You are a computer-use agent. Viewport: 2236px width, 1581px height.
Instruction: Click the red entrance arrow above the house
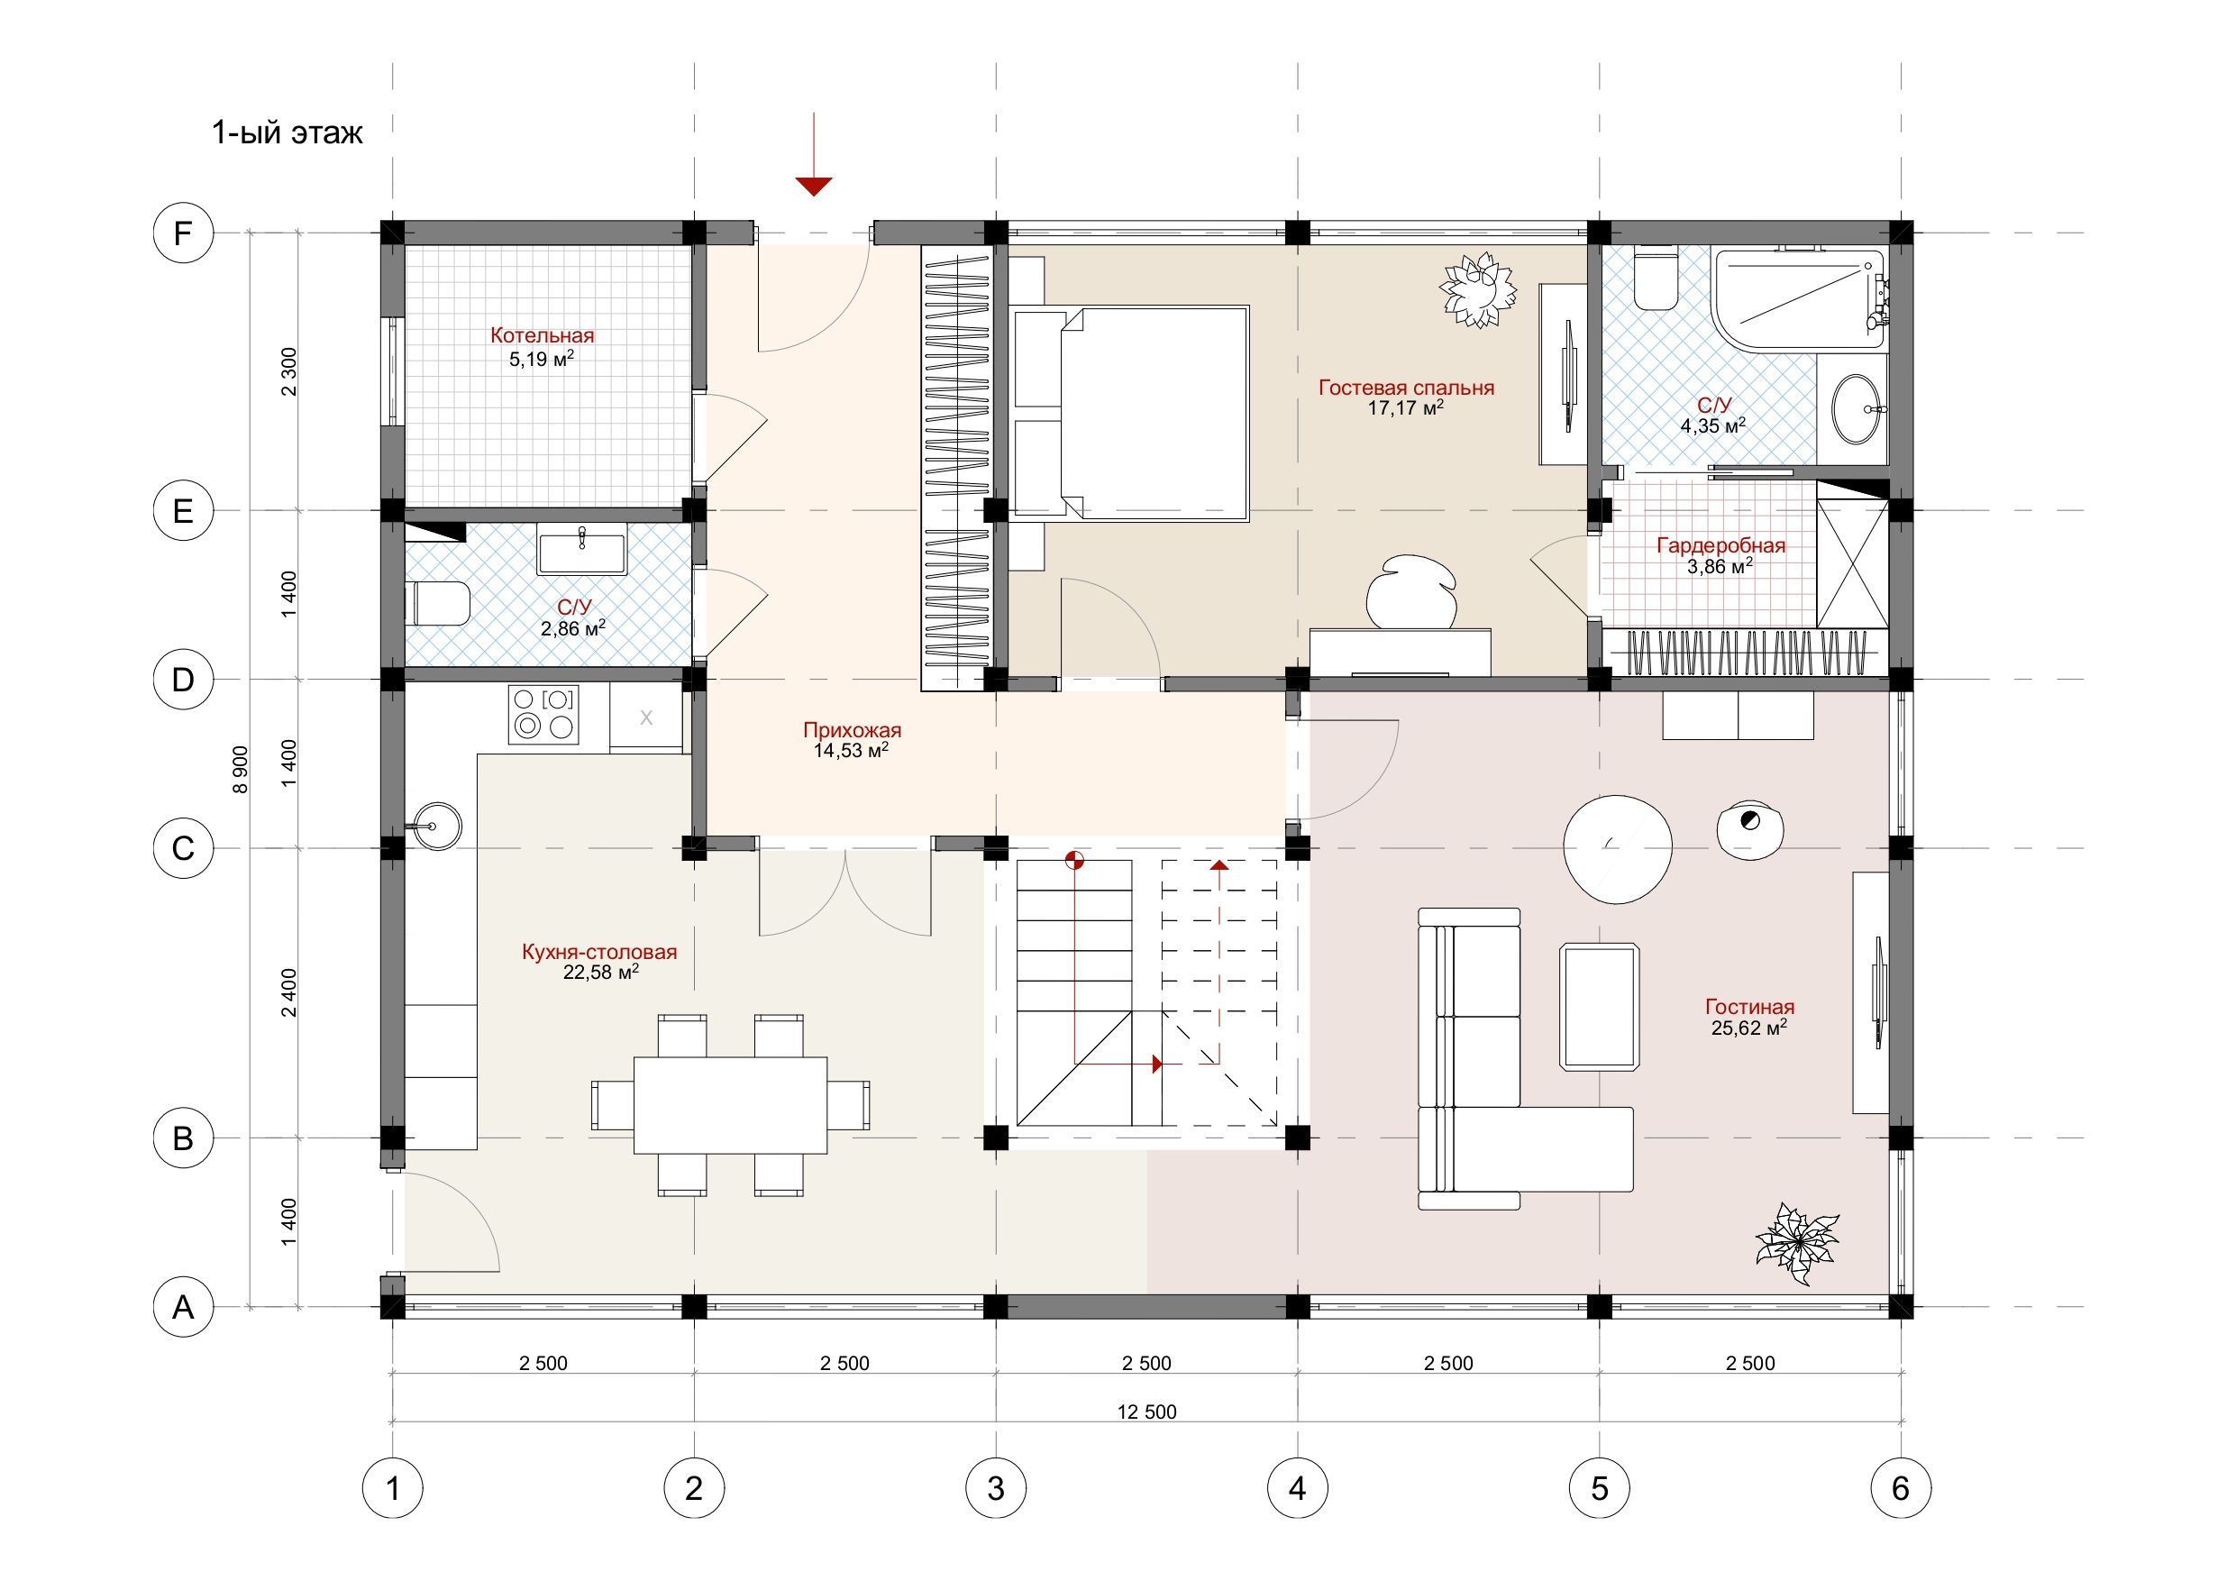pyautogui.click(x=813, y=154)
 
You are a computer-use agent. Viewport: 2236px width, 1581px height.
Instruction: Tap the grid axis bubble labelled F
pyautogui.click(x=183, y=233)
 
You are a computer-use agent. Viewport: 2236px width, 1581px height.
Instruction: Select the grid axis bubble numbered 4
pyautogui.click(x=1297, y=1487)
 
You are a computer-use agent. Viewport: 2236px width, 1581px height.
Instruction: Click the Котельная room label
pyautogui.click(x=542, y=335)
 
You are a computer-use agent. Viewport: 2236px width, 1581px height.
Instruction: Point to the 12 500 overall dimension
pyautogui.click(x=1146, y=1412)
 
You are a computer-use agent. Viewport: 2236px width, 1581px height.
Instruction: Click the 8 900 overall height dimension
pyautogui.click(x=241, y=770)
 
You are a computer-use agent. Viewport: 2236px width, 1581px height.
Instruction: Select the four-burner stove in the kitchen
pyautogui.click(x=543, y=714)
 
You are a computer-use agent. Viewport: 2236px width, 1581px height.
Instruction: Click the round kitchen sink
pyautogui.click(x=437, y=826)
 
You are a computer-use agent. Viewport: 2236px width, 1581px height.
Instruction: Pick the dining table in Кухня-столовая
pyautogui.click(x=730, y=1105)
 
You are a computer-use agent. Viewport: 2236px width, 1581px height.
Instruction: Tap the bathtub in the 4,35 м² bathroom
pyautogui.click(x=1800, y=298)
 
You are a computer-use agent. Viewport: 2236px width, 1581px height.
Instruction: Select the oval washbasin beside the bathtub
pyautogui.click(x=1857, y=409)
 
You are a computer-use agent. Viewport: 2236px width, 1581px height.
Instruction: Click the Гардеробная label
pyautogui.click(x=1720, y=545)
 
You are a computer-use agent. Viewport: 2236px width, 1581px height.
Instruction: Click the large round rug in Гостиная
pyautogui.click(x=1618, y=848)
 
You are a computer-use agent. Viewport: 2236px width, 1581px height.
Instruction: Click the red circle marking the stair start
pyautogui.click(x=1074, y=860)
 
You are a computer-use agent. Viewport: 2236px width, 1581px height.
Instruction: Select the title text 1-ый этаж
pyautogui.click(x=287, y=133)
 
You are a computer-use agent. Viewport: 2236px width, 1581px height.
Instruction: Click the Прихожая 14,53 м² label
pyautogui.click(x=853, y=739)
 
